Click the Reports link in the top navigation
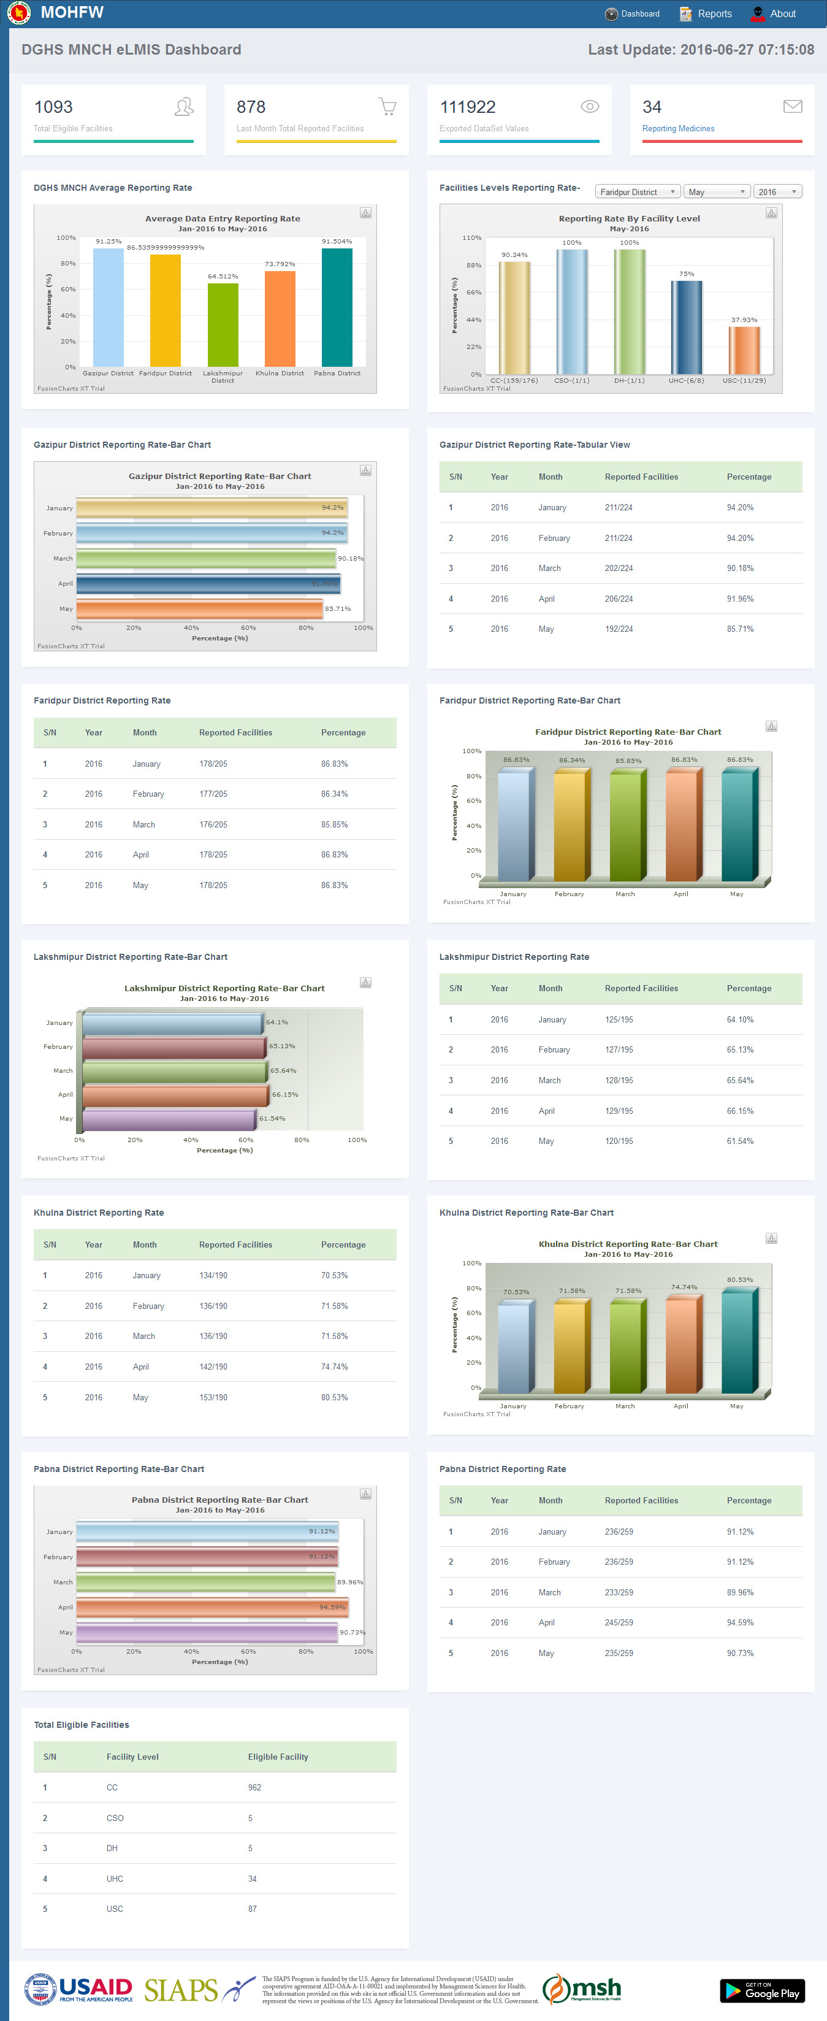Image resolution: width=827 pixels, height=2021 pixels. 714,14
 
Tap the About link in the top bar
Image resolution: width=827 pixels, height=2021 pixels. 782,14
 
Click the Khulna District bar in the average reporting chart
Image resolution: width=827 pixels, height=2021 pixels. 280,318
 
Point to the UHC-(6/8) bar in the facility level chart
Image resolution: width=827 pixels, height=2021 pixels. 686,327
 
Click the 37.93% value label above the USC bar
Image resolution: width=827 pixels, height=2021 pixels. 744,320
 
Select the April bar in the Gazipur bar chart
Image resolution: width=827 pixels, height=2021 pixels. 208,584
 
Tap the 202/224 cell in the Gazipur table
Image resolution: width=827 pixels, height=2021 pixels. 619,569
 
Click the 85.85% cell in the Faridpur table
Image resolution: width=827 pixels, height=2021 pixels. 334,824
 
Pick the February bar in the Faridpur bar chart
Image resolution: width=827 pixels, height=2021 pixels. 570,826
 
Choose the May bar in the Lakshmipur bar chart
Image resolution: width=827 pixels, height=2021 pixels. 169,1119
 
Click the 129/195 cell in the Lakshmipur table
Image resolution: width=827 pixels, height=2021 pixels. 619,1111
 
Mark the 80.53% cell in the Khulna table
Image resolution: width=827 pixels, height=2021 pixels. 334,1397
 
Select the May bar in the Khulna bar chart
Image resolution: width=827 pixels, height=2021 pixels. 737,1343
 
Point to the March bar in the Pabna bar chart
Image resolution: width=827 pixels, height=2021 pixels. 205,1582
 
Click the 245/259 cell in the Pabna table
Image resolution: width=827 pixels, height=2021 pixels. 619,1622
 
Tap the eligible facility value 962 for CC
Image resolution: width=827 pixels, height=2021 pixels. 255,1787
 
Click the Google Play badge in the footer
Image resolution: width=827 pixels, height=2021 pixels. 762,1990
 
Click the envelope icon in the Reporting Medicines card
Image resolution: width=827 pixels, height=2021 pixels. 793,107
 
